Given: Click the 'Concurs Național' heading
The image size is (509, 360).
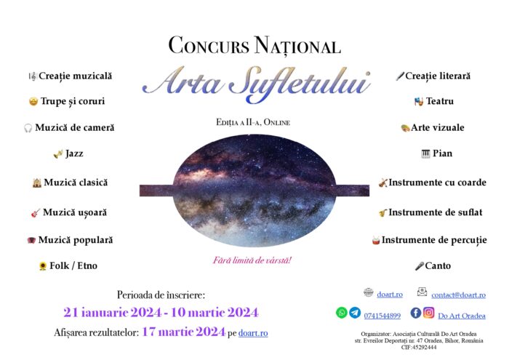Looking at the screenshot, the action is click(254, 46).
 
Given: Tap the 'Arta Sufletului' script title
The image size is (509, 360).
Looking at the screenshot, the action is click(256, 84).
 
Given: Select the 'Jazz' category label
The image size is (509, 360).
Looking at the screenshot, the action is click(74, 153).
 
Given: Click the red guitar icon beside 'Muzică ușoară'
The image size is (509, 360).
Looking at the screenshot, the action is click(36, 213).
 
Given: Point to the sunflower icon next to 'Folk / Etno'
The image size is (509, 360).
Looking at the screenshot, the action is click(43, 266).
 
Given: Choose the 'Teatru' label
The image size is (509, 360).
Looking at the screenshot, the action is click(440, 101).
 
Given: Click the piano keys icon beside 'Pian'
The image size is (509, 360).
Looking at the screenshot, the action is click(425, 153).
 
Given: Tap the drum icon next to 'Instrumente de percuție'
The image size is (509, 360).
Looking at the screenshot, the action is click(376, 241).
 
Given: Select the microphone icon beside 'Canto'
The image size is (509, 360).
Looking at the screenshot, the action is click(420, 266).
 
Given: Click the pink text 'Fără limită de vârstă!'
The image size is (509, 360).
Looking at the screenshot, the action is click(252, 260).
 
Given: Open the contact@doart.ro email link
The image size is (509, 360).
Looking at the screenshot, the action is click(458, 295).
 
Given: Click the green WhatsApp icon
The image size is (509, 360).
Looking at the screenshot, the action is click(342, 313).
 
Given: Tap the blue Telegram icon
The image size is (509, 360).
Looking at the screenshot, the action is click(355, 313).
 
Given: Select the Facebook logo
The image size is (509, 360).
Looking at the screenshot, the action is click(416, 313).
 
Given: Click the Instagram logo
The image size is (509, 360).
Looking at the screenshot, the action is click(429, 313).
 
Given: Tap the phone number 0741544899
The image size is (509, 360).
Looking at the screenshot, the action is click(382, 316).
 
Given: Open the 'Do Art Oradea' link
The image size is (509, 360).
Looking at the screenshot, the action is click(462, 316).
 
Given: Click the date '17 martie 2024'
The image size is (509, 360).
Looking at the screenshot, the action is click(184, 332).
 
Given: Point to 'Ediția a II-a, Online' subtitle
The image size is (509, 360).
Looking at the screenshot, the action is click(253, 122).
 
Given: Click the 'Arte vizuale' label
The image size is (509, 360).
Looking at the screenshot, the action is click(438, 127).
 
